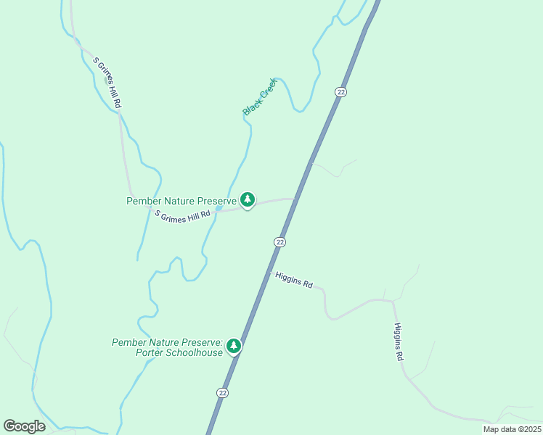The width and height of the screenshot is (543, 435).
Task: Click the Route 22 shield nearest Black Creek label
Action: coord(340,91)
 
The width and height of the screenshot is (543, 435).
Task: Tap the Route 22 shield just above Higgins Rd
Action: coord(280,241)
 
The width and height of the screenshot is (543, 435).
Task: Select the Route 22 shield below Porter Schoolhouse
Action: coord(222,392)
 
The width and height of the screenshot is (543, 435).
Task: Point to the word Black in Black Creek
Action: coord(252,107)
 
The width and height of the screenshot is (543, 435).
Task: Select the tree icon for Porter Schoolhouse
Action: coord(234,346)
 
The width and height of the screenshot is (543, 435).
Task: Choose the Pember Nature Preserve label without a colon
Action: coord(181,201)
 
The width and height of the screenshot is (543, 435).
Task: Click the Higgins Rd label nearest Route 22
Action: coord(294,280)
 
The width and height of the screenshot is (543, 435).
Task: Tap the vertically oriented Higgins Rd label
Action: coord(399,342)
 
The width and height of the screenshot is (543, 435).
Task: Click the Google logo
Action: coord(24,426)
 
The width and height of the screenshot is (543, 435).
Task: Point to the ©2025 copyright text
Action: coord(526,429)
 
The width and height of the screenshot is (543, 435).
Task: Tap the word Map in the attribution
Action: coord(491,429)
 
